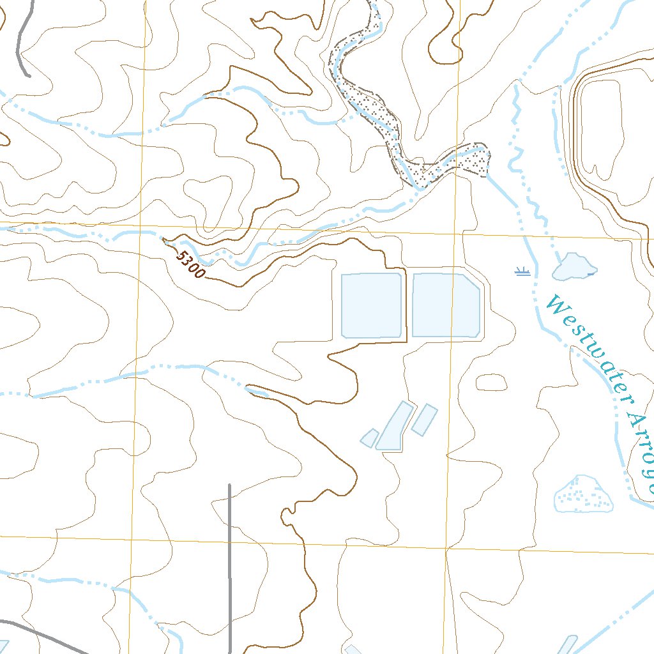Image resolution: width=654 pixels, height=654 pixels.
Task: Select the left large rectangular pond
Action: coord(372,305)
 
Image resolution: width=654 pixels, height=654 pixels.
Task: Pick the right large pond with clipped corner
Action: coord(445,305)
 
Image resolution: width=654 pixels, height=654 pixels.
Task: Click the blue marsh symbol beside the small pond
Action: coord(523,272)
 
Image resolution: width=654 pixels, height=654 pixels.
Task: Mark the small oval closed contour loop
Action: coord(492,382)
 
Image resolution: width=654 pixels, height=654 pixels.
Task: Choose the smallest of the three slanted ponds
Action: coord(369,438)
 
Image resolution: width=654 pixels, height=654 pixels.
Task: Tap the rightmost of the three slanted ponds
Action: coord(424,419)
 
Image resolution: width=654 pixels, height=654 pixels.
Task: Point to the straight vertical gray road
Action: coord(229,568)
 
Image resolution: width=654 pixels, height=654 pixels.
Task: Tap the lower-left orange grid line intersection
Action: coord(132,539)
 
